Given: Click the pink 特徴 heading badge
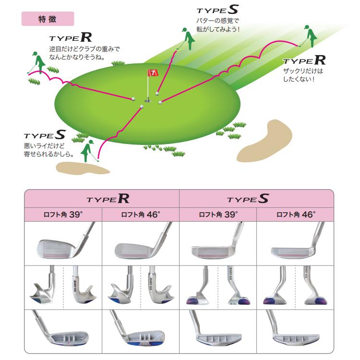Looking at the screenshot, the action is tap(48, 19).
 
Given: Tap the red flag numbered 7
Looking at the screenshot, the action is tap(153, 73).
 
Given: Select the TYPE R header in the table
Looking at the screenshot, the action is tap(108, 199).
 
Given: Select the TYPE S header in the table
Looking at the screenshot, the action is tap(248, 199).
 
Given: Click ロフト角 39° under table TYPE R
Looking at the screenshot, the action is tap(63, 215).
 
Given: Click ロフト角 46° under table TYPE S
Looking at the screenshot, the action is tap(296, 215).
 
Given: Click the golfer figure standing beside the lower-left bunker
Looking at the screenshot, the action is tap(88, 151).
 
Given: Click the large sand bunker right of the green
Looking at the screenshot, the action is tap(264, 141).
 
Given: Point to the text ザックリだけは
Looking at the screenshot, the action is tap(303, 71).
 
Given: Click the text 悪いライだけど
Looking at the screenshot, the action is tap(44, 146).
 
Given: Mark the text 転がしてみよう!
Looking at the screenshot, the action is tap(218, 29).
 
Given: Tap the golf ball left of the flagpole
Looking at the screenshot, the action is tap(133, 99).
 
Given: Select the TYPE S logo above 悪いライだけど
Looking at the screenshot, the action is tap(45, 135).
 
